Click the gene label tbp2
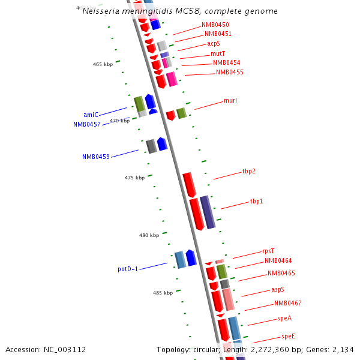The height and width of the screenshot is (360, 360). tap(248, 172)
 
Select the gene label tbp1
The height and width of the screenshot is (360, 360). tap(256, 202)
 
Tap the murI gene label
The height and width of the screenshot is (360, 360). tap(230, 100)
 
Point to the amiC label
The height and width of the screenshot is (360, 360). tap(91, 115)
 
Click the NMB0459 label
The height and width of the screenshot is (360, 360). tap(96, 157)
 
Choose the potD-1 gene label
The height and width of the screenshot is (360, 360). tap(128, 269)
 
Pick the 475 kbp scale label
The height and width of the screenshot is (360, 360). tap(134, 178)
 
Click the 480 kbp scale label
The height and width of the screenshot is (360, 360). tap(149, 235)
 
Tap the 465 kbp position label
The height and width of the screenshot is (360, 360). tap(103, 64)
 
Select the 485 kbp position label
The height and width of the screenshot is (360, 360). tap(163, 293)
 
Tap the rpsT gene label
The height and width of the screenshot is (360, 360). tap(268, 251)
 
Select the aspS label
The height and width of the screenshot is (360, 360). tap(278, 289)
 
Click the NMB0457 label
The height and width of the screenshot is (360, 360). tap(87, 124)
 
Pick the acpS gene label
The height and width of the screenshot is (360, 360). tap(214, 43)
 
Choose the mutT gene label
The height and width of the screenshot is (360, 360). tap(218, 53)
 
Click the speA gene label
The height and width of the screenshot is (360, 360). tap(284, 318)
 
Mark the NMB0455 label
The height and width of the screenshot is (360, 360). tap(229, 72)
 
